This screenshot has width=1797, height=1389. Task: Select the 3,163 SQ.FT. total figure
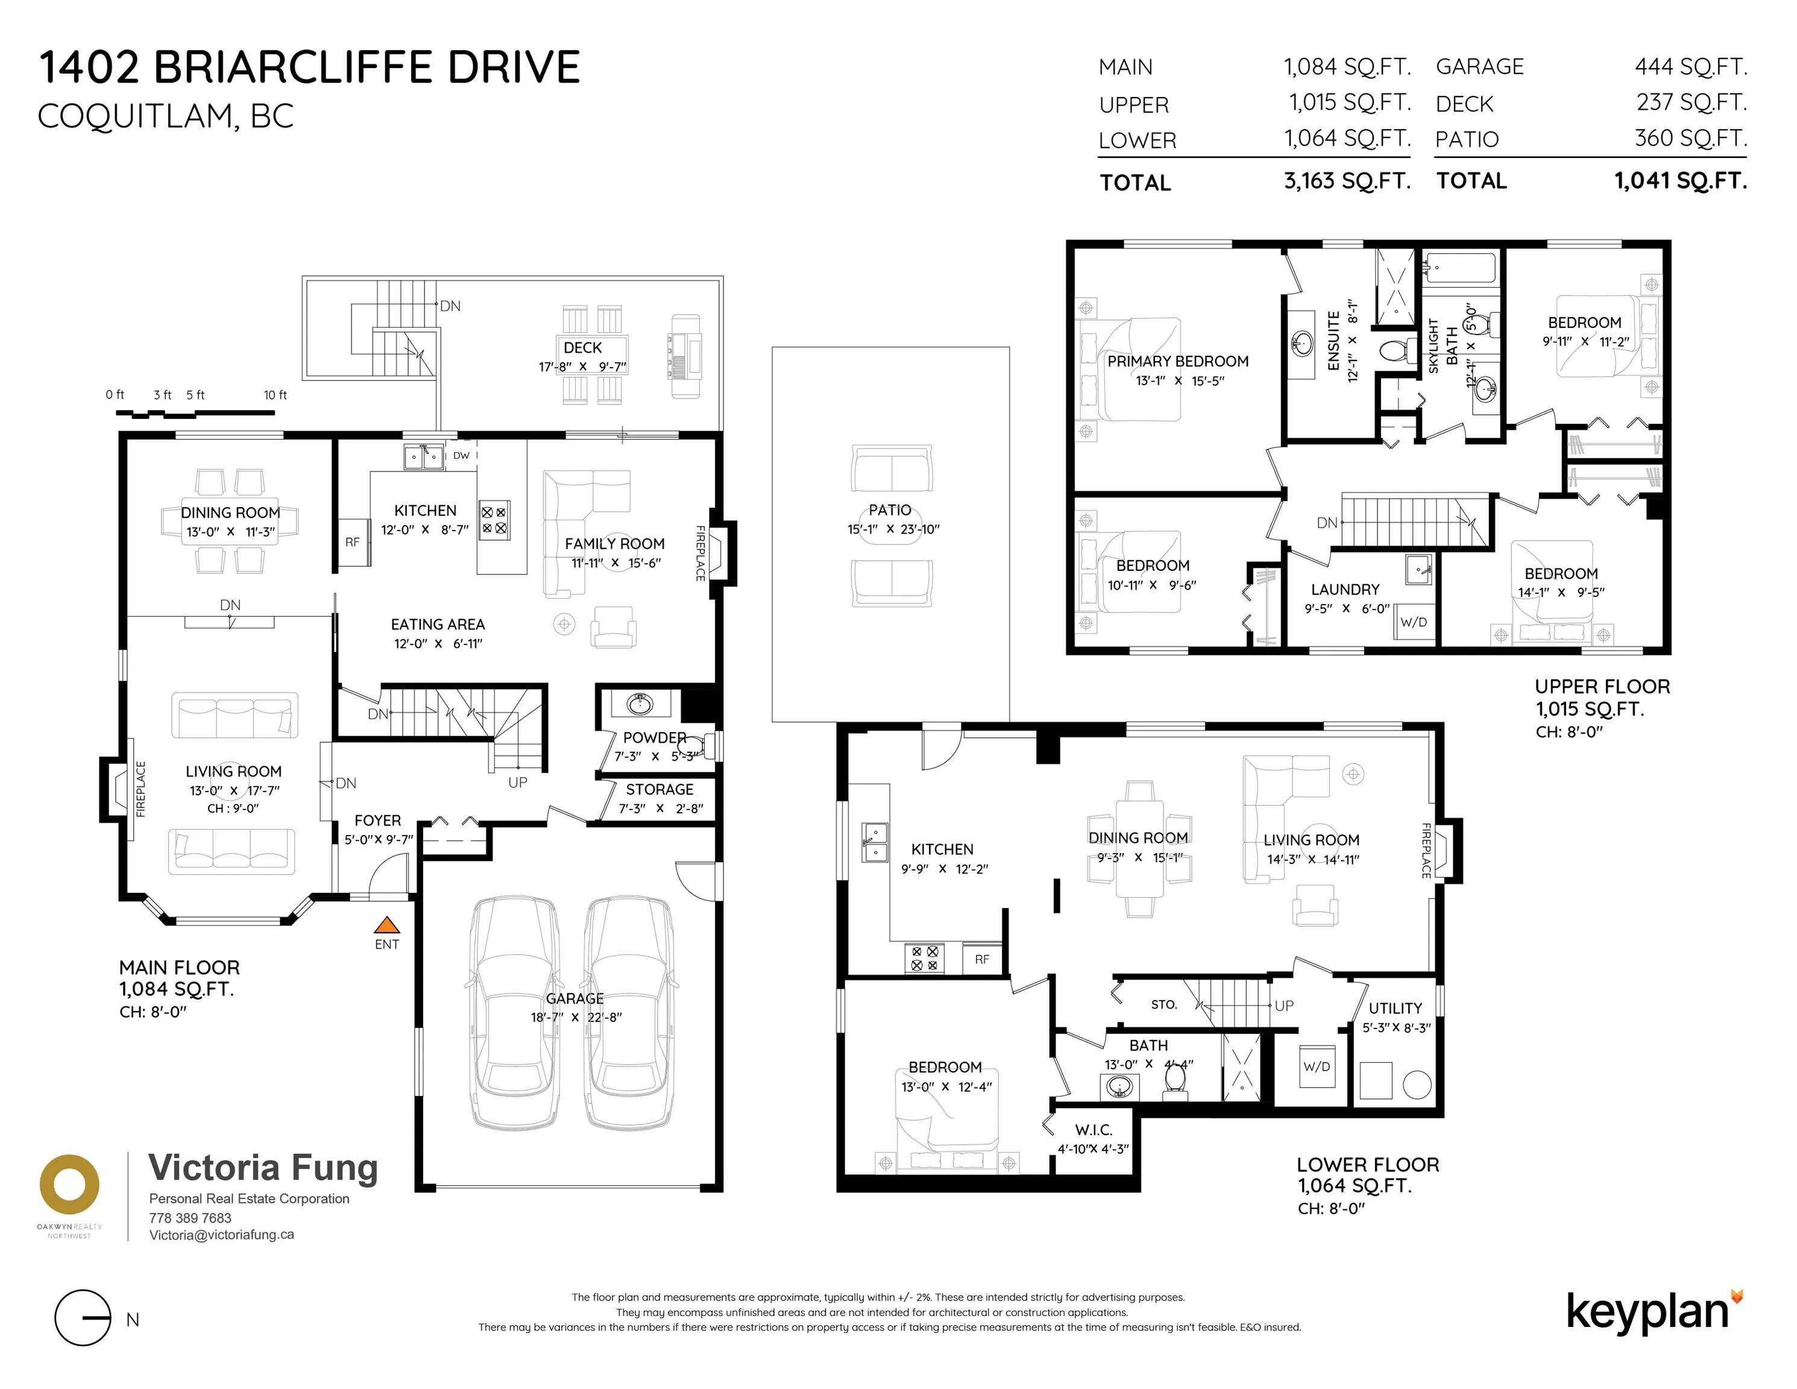point(1347,181)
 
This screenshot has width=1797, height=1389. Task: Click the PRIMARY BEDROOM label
point(1177,361)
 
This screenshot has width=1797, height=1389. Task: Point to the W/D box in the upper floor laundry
point(1414,622)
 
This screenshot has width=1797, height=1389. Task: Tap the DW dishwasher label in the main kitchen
point(461,455)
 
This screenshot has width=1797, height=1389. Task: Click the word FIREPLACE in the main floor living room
point(140,789)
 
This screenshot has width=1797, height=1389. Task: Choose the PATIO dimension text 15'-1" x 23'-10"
point(893,529)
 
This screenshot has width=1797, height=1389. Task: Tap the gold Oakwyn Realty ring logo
point(70,1185)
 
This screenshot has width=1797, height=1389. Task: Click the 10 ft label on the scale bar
point(275,395)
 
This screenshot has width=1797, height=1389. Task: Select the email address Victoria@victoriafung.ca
point(221,1234)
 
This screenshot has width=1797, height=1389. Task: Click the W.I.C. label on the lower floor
point(1093,1130)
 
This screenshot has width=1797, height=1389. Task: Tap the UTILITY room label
point(1395,1008)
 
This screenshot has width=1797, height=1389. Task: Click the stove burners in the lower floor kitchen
point(924,959)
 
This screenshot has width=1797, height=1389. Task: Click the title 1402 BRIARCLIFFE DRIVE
point(309,68)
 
